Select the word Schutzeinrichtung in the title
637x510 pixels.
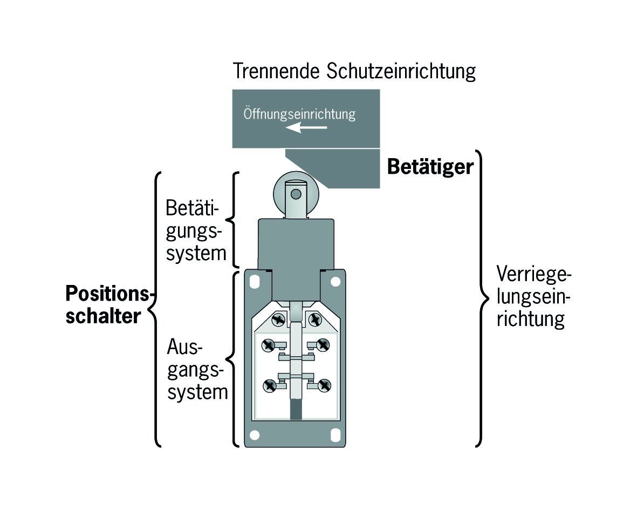(x=401, y=72)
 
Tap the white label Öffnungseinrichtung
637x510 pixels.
(x=299, y=114)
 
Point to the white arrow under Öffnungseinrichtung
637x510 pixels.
(x=306, y=127)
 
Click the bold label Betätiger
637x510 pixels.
(x=430, y=167)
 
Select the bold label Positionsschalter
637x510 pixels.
(x=108, y=304)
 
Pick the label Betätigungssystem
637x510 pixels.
(x=195, y=231)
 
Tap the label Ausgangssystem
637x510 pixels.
(x=197, y=369)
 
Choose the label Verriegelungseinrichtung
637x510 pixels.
(x=533, y=297)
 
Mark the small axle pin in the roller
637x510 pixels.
(x=296, y=194)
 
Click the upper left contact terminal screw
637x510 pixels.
(x=269, y=345)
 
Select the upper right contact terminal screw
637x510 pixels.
(x=323, y=345)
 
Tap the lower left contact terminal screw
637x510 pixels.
(x=270, y=385)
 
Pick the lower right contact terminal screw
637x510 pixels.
(x=324, y=385)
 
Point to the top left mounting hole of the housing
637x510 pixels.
(x=255, y=281)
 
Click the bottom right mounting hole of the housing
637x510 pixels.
(x=335, y=435)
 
